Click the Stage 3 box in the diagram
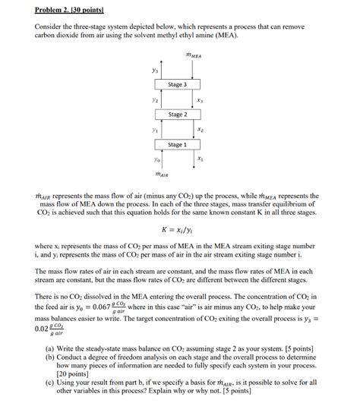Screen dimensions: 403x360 (x=176, y=84)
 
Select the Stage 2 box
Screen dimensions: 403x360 (x=176, y=114)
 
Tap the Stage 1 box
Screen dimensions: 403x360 (x=176, y=144)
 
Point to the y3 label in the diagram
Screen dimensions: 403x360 (x=155, y=70)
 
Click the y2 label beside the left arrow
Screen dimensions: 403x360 (x=155, y=99)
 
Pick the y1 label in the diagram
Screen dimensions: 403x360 (x=155, y=129)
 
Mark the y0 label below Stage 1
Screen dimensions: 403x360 (x=155, y=159)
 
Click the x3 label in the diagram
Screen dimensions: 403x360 (x=200, y=99)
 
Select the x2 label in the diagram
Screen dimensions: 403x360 (x=200, y=129)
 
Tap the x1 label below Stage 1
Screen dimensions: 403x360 (x=200, y=159)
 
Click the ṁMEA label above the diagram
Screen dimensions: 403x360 (x=194, y=55)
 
